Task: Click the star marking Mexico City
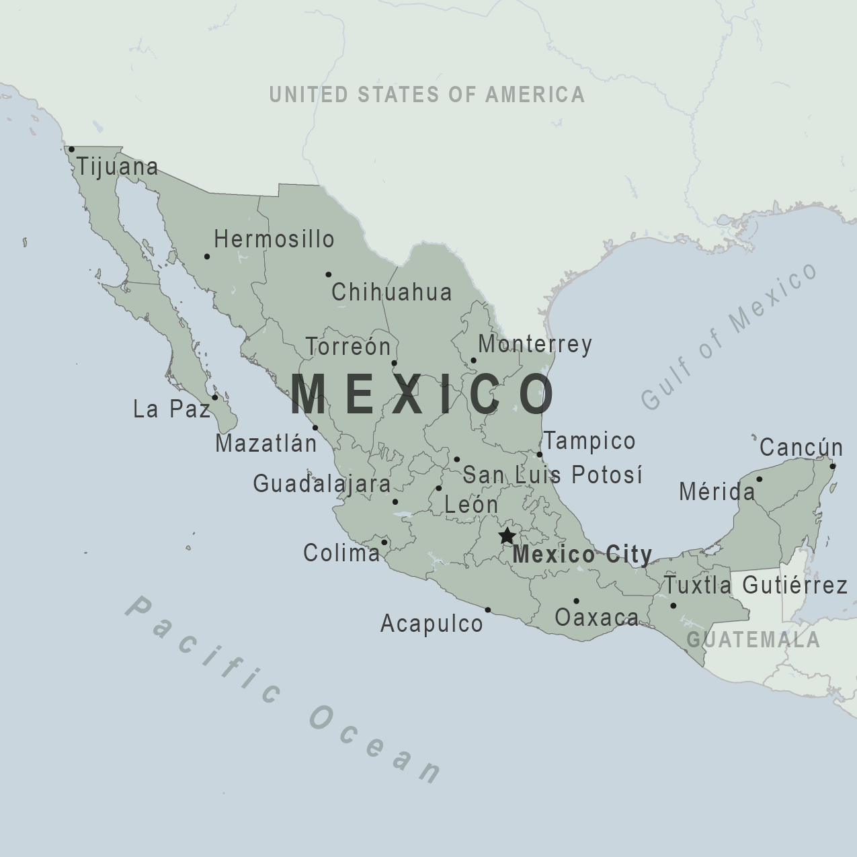tap(507, 536)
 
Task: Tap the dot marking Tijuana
tap(71, 149)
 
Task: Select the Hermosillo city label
tap(274, 239)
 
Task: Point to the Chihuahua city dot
tap(328, 274)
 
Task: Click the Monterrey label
tap(535, 344)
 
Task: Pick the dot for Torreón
tap(394, 363)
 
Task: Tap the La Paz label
tap(172, 409)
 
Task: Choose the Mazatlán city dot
tap(315, 427)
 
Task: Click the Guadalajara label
tap(322, 484)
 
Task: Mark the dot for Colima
tap(384, 542)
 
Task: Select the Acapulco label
tap(432, 624)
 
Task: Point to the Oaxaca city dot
tap(576, 601)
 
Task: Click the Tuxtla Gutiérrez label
tap(756, 585)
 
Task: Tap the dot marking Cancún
tap(832, 466)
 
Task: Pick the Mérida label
tap(717, 492)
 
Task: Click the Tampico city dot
tap(539, 454)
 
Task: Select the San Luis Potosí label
tap(553, 475)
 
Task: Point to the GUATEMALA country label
tap(753, 639)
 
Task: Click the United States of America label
tap(427, 95)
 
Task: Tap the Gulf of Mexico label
tap(729, 335)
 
